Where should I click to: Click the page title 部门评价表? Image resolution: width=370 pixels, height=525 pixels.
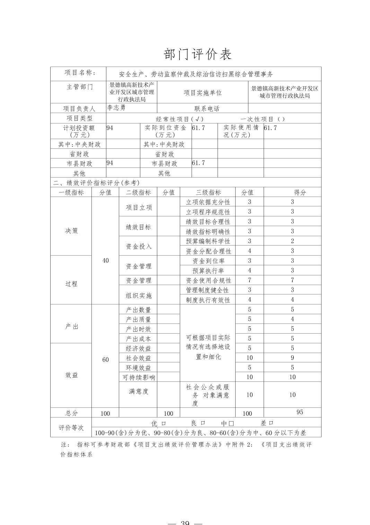point(197,54)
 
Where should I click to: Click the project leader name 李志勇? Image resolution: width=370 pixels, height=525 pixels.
point(116,107)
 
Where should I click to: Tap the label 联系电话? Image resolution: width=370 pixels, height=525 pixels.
point(207,109)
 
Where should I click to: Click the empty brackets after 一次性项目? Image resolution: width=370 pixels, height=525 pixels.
point(281,119)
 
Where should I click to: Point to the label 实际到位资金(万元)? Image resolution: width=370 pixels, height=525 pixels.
point(166,131)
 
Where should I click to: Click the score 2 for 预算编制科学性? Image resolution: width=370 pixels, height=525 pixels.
point(292,241)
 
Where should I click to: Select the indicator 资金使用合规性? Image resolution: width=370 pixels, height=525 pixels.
point(208,280)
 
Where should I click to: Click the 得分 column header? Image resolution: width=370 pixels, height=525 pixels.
point(300,192)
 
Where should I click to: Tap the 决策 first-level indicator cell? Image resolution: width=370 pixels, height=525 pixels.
point(71,231)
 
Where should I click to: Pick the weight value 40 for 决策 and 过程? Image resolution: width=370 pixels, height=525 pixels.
point(105,260)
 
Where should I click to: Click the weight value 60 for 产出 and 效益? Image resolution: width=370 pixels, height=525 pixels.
point(105,360)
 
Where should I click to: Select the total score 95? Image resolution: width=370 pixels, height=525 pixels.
point(300,412)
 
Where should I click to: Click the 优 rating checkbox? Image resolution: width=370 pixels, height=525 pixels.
point(164,423)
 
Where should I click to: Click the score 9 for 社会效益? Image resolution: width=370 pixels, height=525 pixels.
point(292,358)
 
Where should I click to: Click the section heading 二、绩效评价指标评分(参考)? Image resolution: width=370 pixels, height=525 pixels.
point(96,183)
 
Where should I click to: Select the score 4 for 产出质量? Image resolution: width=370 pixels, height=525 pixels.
point(292,319)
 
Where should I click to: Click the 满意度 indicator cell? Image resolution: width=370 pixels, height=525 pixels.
point(139,391)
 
